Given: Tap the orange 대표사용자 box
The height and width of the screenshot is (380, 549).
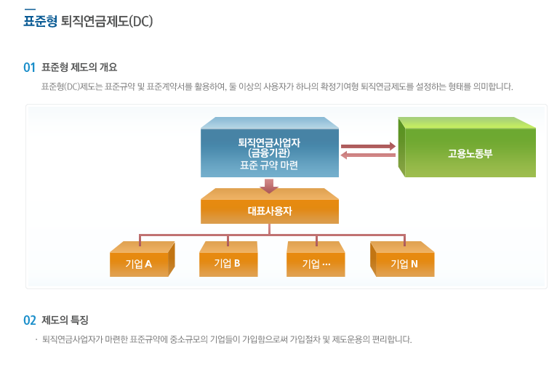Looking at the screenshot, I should [x=269, y=211].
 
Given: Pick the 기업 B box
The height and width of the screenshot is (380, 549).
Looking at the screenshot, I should [x=228, y=263].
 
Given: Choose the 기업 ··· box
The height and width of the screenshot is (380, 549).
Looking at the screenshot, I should [x=316, y=263].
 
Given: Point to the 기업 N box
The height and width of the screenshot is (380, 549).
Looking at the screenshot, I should [x=404, y=263].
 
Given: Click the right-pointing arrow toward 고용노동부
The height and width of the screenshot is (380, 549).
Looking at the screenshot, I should [x=368, y=146].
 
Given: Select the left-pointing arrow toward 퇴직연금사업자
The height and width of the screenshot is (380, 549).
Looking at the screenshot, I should [x=368, y=155].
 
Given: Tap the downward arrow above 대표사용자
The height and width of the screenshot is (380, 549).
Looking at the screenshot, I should [x=269, y=186].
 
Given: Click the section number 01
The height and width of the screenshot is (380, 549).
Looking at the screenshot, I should [x=30, y=68].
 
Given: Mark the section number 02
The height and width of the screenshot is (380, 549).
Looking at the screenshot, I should [x=30, y=320].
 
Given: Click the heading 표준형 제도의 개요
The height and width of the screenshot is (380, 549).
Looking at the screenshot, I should [x=79, y=68].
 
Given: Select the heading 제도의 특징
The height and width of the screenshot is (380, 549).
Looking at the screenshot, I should [x=65, y=320].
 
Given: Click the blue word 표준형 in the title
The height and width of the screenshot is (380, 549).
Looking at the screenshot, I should [x=40, y=21].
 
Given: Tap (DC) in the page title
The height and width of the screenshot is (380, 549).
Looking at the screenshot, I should [x=141, y=21].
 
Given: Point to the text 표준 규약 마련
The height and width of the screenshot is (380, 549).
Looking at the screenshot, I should [x=269, y=165].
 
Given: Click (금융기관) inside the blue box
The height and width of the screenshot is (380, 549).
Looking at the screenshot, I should [x=269, y=153].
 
